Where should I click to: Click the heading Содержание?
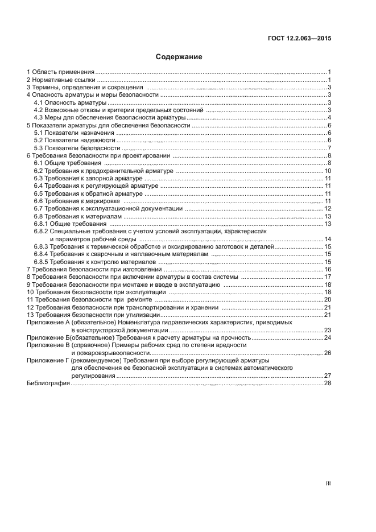point(179,57)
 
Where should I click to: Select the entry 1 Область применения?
point(61,72)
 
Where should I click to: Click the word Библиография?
point(48,383)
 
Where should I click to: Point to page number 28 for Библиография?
point(328,383)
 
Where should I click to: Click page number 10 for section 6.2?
point(328,171)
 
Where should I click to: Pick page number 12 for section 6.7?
point(328,209)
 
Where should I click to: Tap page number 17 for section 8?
point(328,277)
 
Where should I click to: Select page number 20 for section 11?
point(328,299)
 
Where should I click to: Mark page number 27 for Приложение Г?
point(328,376)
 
